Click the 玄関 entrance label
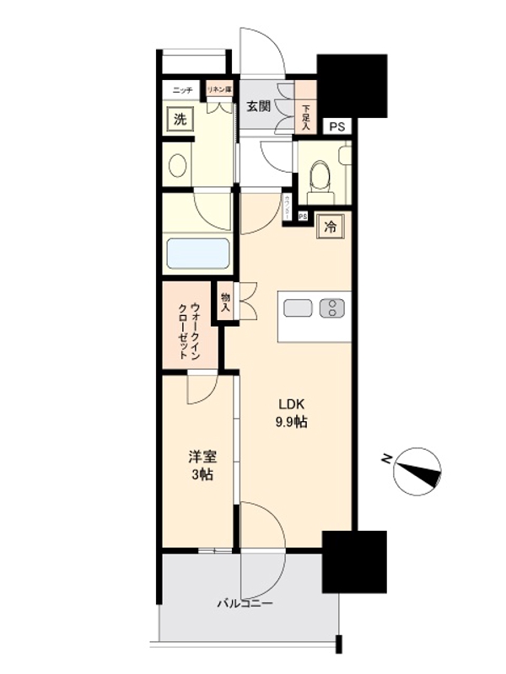[258, 106]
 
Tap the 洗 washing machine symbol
[179, 119]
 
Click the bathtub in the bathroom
[198, 253]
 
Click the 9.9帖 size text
[289, 421]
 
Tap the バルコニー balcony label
[245, 603]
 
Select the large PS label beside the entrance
[336, 127]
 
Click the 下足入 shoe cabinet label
[305, 114]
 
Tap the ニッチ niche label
[182, 89]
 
